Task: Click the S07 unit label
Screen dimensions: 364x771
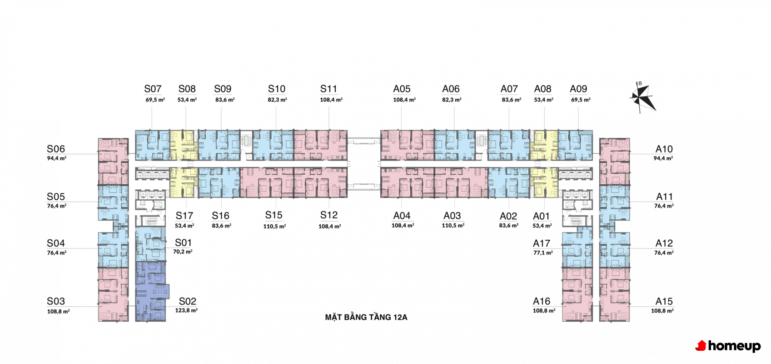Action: [x=153, y=89]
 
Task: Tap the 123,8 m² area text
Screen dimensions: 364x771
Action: [x=186, y=311]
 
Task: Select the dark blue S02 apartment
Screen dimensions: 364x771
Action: [x=150, y=291]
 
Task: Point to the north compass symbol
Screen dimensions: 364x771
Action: [x=642, y=97]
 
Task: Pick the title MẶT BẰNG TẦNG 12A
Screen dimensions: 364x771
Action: [x=366, y=317]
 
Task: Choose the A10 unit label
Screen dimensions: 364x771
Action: [x=664, y=149]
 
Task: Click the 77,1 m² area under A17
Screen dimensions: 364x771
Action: [x=543, y=253]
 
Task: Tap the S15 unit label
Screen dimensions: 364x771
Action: [x=274, y=215]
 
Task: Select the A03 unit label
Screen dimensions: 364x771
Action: [x=452, y=216]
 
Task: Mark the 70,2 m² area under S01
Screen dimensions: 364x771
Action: [x=183, y=252]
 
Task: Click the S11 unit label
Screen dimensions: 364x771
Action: [x=328, y=89]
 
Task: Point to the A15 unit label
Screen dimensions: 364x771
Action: [x=664, y=301]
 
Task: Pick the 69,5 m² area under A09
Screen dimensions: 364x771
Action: [x=581, y=100]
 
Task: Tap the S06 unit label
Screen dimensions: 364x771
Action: [x=56, y=149]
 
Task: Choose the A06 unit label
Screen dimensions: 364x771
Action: [x=451, y=89]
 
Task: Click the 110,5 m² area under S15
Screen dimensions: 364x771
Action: [x=274, y=226]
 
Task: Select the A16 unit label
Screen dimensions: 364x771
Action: [x=542, y=301]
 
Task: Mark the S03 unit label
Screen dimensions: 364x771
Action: [x=56, y=301]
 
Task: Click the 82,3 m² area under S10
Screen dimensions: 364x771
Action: [x=277, y=100]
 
